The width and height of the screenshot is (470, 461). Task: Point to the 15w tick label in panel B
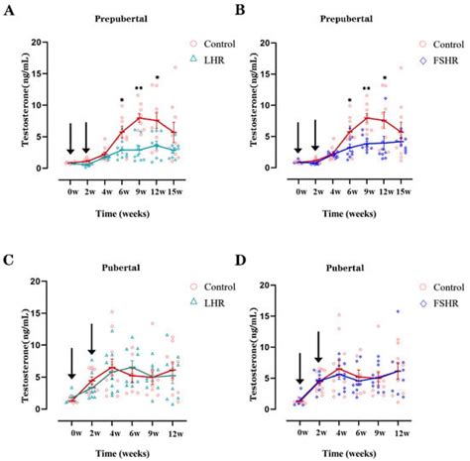pyautogui.click(x=403, y=177)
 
